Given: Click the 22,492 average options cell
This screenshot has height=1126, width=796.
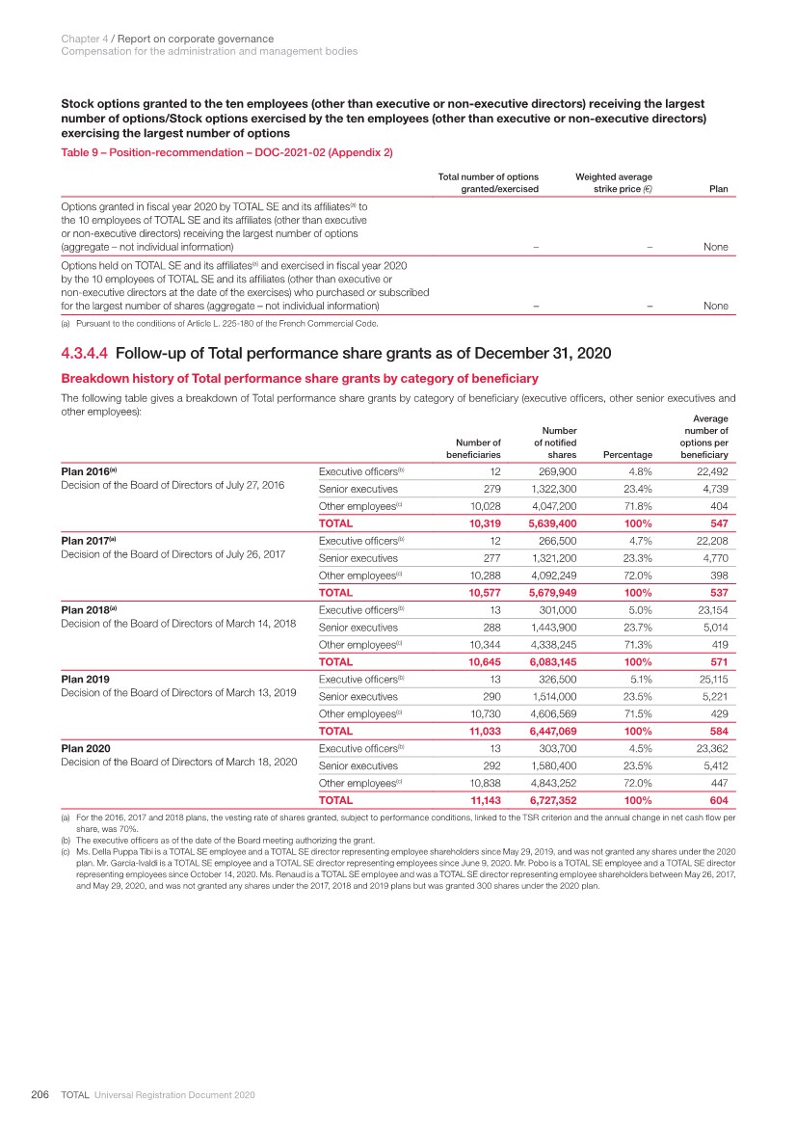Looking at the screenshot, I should click(707, 471).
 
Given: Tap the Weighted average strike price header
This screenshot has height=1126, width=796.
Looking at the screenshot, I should click(613, 183).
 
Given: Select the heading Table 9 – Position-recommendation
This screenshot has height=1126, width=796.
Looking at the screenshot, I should click(226, 152).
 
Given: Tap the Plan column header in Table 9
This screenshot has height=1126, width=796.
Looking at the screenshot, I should click(718, 190).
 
